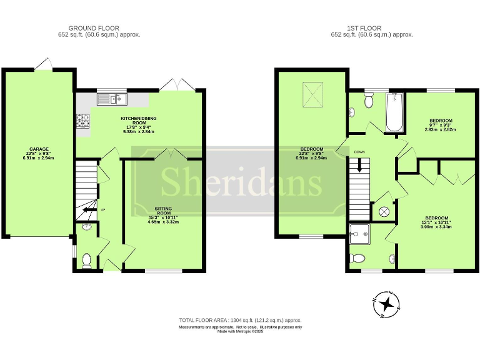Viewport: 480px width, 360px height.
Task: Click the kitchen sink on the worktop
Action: [x=111, y=99]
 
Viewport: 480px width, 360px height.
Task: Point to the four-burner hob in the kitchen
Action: [x=82, y=121]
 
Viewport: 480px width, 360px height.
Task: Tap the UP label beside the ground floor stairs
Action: [x=102, y=209]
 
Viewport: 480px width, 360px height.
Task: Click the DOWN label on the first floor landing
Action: [x=359, y=152]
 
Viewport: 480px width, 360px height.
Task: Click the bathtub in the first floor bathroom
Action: [x=394, y=112]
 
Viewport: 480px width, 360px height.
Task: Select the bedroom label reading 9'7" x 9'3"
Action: [x=441, y=125]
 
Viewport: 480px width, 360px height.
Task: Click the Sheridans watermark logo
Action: [x=240, y=182]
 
